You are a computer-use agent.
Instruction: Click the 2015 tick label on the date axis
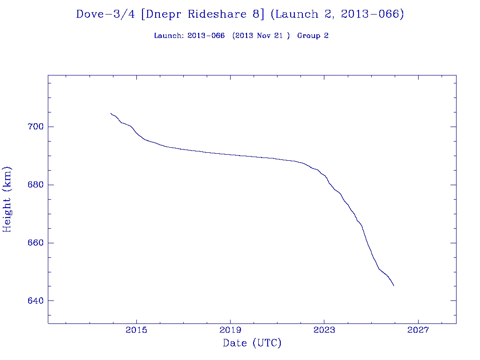(x=136, y=330)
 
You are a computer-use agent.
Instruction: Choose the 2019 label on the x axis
(x=230, y=330)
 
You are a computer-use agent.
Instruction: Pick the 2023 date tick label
(x=324, y=330)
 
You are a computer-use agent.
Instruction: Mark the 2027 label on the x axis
(x=418, y=330)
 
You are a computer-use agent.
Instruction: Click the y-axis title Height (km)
(x=7, y=199)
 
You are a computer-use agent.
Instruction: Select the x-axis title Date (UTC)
(x=252, y=344)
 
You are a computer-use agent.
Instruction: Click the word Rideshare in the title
(x=219, y=14)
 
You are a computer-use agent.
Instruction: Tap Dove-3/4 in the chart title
(x=106, y=14)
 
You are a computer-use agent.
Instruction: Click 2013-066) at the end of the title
(x=373, y=14)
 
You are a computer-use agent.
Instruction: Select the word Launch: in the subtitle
(x=169, y=36)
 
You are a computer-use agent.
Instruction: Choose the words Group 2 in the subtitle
(x=313, y=36)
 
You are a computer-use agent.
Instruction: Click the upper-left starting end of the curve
(x=111, y=113)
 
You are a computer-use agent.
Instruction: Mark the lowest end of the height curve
(x=394, y=285)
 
